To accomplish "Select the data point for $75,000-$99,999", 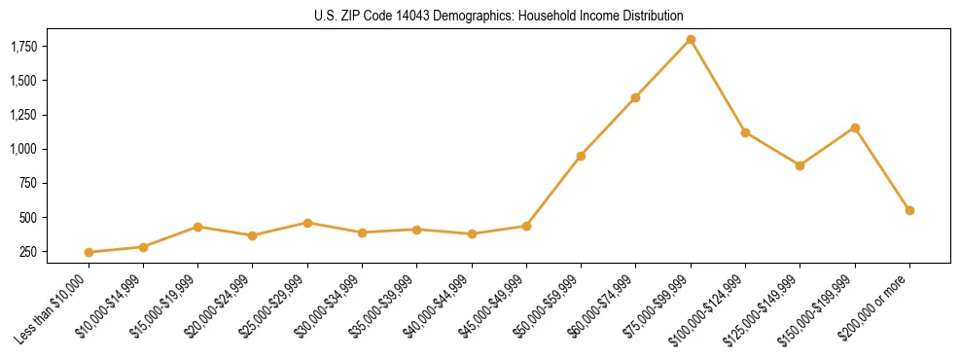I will pyautogui.click(x=691, y=39).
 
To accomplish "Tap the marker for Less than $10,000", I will pyautogui.click(x=89, y=252).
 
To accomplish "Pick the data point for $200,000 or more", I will pyautogui.click(x=909, y=210).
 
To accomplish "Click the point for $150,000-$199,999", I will pyautogui.click(x=855, y=127).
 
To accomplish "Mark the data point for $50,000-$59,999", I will pyautogui.click(x=581, y=156).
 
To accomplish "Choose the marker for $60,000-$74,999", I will pyautogui.click(x=635, y=97).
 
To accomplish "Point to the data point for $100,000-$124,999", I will pyautogui.click(x=745, y=132).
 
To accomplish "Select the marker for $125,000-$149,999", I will pyautogui.click(x=800, y=165).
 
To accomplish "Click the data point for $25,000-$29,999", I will pyautogui.click(x=307, y=223).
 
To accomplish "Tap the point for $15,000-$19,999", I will pyautogui.click(x=197, y=227).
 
